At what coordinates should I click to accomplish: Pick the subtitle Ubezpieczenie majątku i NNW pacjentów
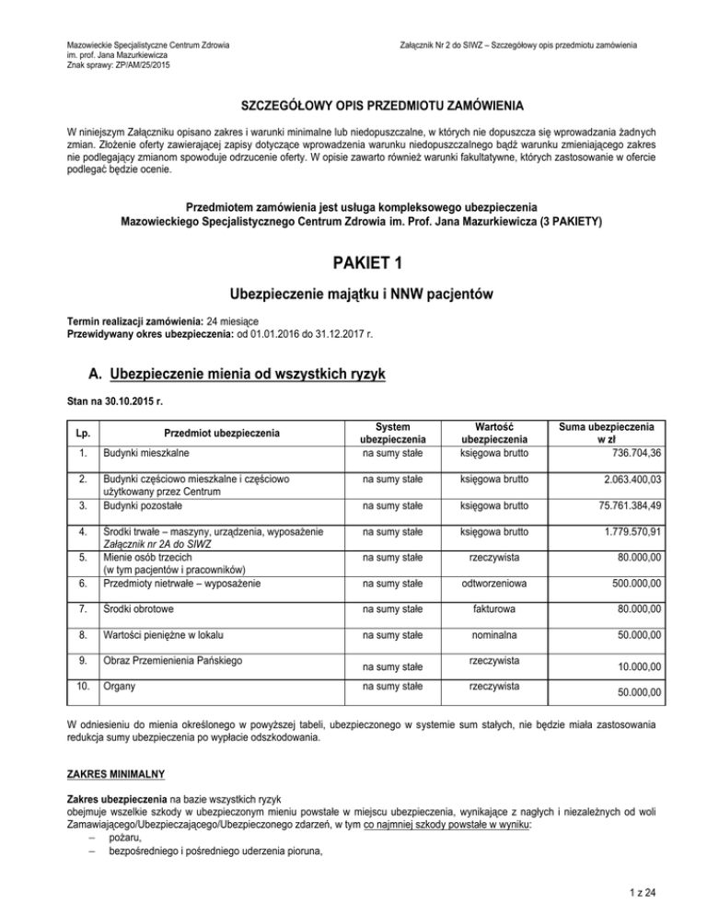353,295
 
